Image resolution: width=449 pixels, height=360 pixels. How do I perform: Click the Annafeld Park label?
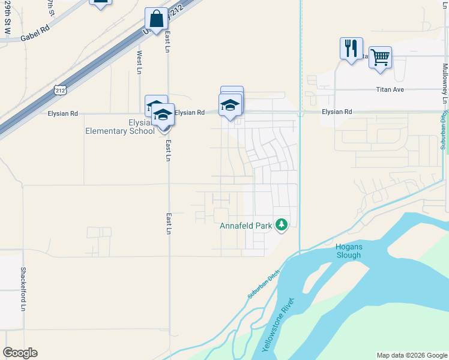click(x=247, y=226)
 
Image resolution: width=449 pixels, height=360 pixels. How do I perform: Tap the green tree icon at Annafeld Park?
click(x=282, y=226)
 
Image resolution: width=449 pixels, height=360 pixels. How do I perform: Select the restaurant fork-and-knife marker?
click(x=351, y=47)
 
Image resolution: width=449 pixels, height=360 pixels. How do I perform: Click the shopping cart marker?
click(x=380, y=58)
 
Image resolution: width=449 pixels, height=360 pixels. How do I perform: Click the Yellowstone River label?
click(x=278, y=325)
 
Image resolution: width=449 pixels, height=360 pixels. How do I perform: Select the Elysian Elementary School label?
click(x=119, y=127)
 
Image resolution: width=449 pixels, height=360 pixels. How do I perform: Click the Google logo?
click(x=20, y=353)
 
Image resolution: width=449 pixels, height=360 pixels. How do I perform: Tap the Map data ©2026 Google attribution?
click(x=411, y=355)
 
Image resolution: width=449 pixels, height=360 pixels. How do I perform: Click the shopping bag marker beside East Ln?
click(x=157, y=19)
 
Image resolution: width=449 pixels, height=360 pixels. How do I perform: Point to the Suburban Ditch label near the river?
click(x=264, y=287)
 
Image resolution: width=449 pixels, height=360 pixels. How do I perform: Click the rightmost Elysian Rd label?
click(x=336, y=112)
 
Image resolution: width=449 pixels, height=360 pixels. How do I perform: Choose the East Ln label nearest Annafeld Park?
click(x=169, y=223)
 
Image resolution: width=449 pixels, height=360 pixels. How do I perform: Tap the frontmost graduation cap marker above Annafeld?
click(x=229, y=106)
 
